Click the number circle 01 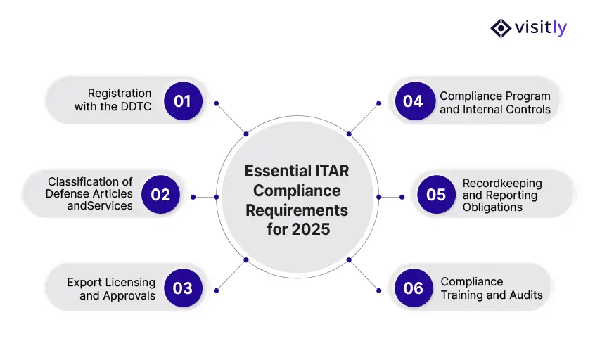tap(182, 101)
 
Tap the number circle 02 tap(160, 194)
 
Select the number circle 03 tap(182, 288)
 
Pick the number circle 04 tap(413, 101)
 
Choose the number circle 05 tap(436, 194)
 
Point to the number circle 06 tap(413, 288)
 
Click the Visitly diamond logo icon tap(501, 28)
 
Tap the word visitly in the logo tap(541, 28)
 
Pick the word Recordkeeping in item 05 tap(502, 184)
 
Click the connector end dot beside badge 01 tap(216, 103)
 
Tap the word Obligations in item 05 tap(492, 207)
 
